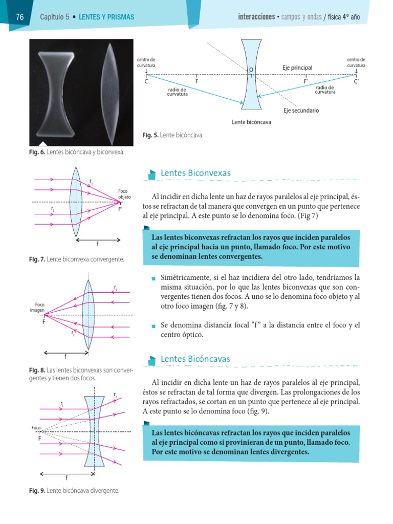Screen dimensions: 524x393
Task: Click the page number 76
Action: tap(20, 17)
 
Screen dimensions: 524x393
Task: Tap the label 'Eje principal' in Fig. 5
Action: tap(297, 68)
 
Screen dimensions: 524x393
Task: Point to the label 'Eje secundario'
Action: tap(301, 111)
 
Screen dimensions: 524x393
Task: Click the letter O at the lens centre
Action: tap(251, 69)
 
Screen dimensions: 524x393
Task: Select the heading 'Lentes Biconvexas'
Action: tap(195, 173)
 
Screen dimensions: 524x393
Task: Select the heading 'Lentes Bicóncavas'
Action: tap(195, 359)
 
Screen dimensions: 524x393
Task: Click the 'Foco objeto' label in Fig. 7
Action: tap(125, 193)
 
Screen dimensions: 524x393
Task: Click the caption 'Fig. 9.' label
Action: tap(37, 491)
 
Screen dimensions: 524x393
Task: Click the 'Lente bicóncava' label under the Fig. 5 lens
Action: tap(251, 122)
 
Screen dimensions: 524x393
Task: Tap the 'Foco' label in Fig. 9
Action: tap(36, 427)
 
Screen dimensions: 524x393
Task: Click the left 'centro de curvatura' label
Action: tap(146, 62)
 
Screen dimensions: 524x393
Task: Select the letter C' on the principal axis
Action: tap(356, 81)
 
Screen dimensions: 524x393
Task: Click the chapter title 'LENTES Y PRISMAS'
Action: tap(106, 17)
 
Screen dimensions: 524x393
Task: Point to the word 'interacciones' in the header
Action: tap(256, 17)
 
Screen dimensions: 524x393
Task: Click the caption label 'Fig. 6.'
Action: tap(37, 152)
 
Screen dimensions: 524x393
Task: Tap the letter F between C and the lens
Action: tap(196, 81)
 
